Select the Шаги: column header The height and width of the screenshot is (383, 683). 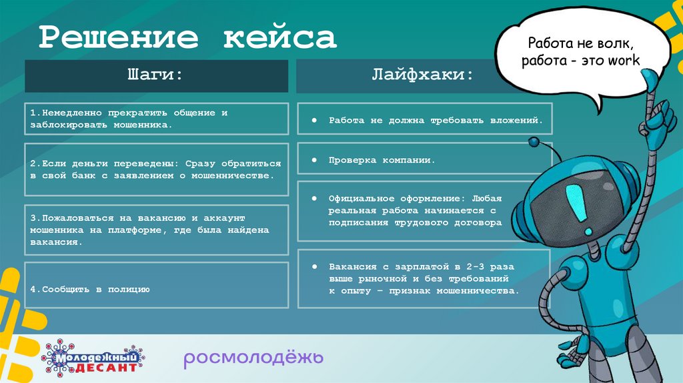click(155, 75)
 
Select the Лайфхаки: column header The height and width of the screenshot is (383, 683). click(423, 75)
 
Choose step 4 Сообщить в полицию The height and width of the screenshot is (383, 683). click(89, 289)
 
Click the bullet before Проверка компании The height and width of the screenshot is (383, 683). click(313, 161)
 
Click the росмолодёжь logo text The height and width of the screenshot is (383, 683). click(253, 358)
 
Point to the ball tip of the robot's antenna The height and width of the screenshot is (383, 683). click(534, 141)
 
